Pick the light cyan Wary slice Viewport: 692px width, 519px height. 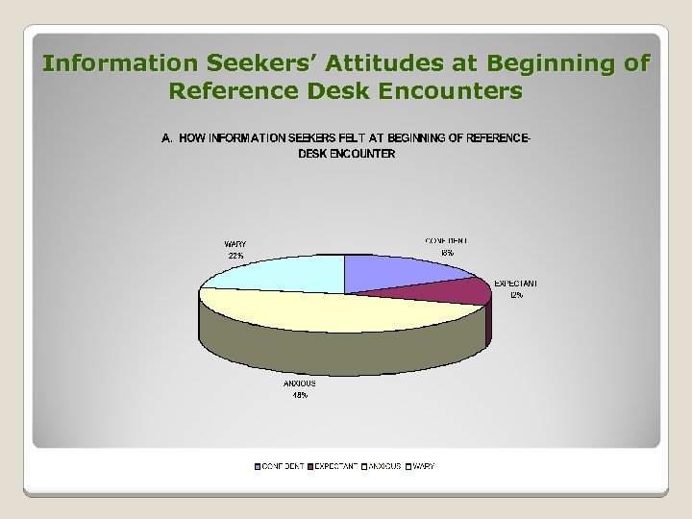pyautogui.click(x=288, y=272)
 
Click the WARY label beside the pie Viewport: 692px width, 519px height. pyautogui.click(x=235, y=244)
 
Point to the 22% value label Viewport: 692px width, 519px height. pyautogui.click(x=235, y=257)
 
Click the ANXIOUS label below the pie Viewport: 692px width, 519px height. pyautogui.click(x=300, y=383)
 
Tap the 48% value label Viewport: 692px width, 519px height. pyautogui.click(x=300, y=396)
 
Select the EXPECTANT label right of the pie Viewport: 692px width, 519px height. pyautogui.click(x=516, y=284)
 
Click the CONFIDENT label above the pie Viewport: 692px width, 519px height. pyautogui.click(x=447, y=240)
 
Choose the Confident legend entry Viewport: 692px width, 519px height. pyautogui.click(x=280, y=466)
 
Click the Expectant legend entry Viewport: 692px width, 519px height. pyautogui.click(x=333, y=466)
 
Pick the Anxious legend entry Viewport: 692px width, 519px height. pyautogui.click(x=382, y=466)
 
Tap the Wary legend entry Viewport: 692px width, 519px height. pyautogui.click(x=420, y=466)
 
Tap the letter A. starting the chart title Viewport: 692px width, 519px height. pyautogui.click(x=166, y=138)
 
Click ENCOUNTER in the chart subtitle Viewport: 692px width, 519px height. pyautogui.click(x=362, y=154)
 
